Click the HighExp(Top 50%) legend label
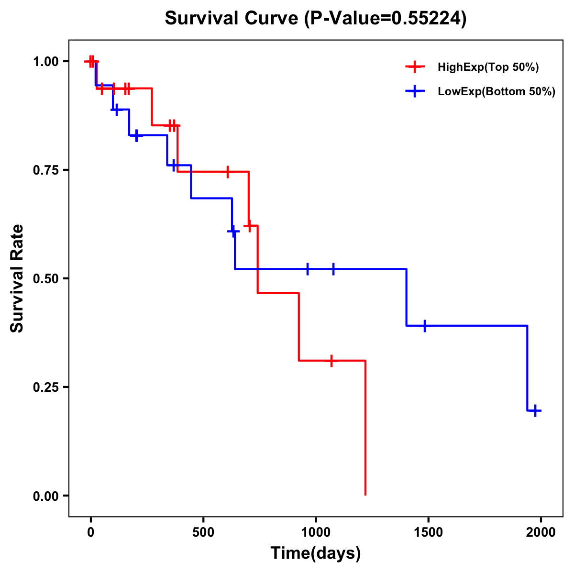488,67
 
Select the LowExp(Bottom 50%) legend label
496,92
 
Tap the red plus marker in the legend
415,67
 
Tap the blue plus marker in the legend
415,91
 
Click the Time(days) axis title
316,553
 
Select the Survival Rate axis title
17,278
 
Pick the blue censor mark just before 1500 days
424,326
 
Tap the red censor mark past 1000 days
331,361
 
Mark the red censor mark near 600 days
228,171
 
